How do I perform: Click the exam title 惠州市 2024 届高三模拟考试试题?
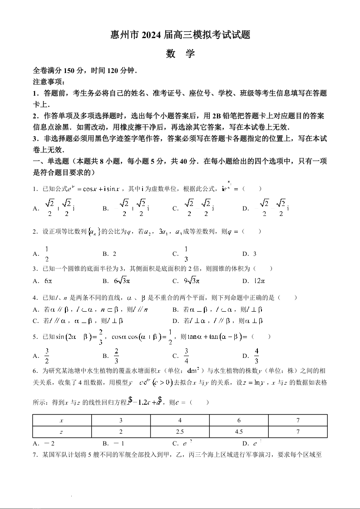pos(180,34)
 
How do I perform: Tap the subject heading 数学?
pos(180,54)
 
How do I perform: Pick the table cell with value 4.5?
pos(239,432)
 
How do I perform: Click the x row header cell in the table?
pos(62,421)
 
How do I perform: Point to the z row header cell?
pos(62,432)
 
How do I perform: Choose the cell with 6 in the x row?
pos(239,421)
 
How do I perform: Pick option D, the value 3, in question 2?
pos(255,254)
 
